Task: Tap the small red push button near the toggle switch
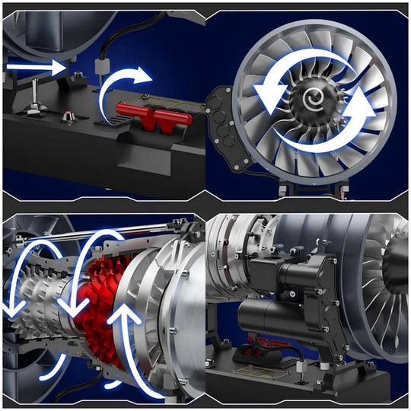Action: point(68,117)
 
